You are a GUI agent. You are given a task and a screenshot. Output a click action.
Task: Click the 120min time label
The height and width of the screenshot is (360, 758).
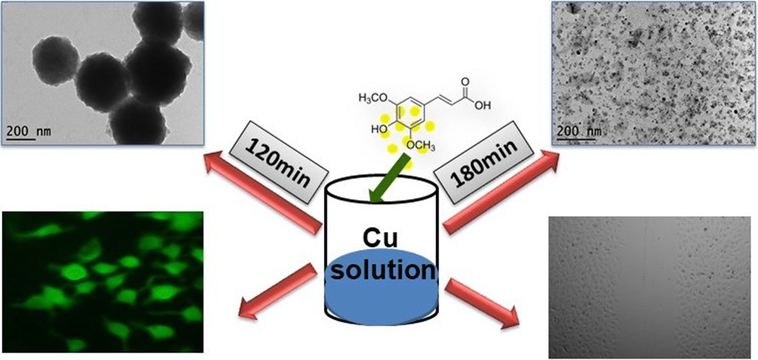(x=278, y=162)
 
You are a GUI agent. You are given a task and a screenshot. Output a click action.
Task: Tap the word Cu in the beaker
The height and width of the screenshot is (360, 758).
(x=380, y=238)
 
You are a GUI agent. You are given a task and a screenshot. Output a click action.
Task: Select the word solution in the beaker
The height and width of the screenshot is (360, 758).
(x=382, y=270)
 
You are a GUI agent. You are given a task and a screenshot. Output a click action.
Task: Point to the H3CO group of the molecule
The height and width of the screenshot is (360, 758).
(x=373, y=98)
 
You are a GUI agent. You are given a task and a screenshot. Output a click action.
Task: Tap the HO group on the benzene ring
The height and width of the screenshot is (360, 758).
(x=379, y=129)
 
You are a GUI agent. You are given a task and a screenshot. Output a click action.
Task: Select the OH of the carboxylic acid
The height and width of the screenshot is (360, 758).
(x=482, y=105)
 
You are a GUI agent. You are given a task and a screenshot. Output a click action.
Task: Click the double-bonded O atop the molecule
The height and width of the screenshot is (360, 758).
(x=465, y=81)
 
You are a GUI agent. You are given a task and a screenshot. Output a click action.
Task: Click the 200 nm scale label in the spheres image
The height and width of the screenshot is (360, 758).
(x=28, y=131)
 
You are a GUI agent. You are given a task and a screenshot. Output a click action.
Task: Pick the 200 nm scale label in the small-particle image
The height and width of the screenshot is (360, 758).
(x=579, y=131)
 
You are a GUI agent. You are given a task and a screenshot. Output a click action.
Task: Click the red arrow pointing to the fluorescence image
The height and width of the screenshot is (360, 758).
(x=278, y=291)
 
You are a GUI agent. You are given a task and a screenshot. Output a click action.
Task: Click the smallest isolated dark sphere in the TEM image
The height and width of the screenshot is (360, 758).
(x=55, y=60)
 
